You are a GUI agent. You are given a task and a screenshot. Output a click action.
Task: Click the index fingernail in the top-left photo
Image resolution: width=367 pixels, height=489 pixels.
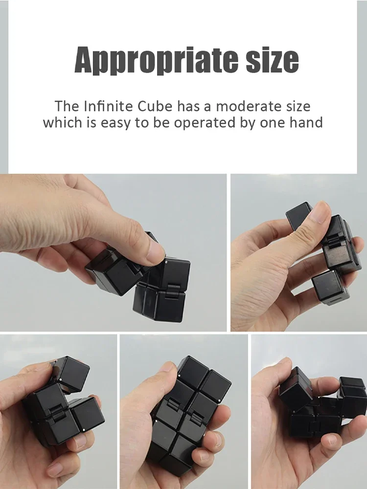click(155, 252)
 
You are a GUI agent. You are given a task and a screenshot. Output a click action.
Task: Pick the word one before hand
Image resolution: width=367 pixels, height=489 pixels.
click(272, 122)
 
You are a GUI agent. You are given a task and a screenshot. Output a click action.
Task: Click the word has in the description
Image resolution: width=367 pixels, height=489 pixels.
click(189, 106)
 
